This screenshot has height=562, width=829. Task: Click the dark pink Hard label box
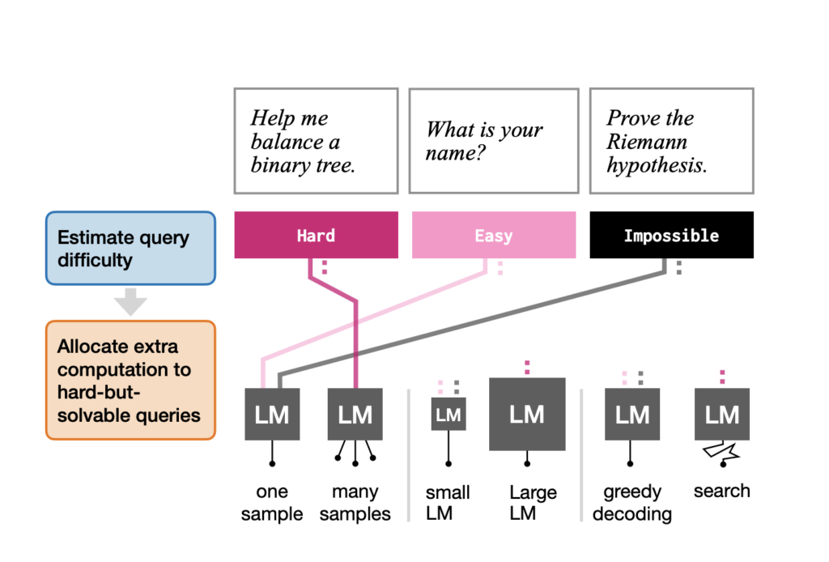316,236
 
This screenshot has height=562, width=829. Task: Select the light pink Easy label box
493,236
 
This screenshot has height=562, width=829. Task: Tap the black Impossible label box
671,236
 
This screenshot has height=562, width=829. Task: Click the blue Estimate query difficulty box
130,249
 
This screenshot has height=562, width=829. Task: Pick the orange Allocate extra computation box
130,380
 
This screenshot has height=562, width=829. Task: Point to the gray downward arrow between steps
130,302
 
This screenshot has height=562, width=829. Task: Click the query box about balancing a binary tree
316,141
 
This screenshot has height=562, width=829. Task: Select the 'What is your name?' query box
493,141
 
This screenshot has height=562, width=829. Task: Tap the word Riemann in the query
647,143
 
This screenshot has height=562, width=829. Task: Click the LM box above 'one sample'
272,415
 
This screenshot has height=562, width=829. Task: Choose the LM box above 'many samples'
355,415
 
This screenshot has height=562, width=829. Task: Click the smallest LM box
448,415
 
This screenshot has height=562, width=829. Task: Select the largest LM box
527,414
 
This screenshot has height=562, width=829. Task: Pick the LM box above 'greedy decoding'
632,415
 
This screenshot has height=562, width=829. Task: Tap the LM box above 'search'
721,415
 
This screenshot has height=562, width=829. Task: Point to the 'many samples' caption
355,503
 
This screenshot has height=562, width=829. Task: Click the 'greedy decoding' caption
632,503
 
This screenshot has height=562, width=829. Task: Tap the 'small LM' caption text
448,503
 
